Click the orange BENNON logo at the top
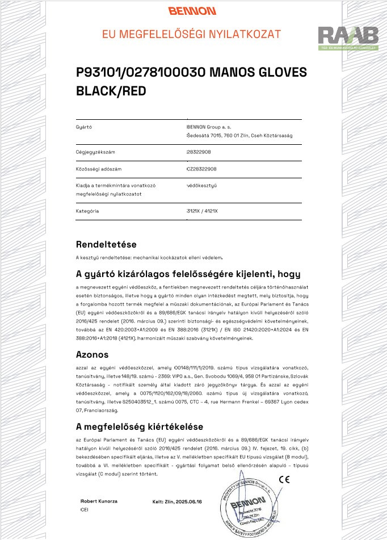[192, 11]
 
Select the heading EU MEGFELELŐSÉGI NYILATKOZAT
[192, 34]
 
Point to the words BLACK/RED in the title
[111, 90]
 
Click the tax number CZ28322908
[201, 169]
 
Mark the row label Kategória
[87, 211]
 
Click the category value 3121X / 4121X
[202, 211]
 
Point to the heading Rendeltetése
[107, 245]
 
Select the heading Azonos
[92, 354]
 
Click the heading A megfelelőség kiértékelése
[140, 426]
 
